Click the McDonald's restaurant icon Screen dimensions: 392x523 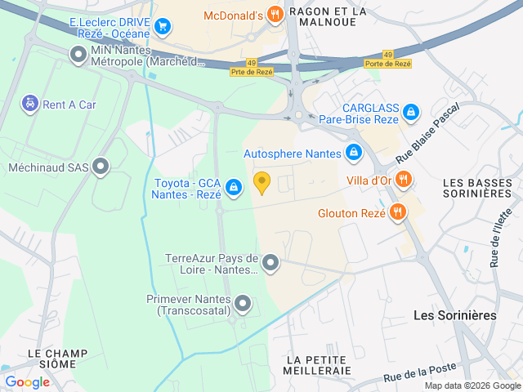pos(275,14)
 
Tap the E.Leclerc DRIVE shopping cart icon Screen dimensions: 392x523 pos(163,27)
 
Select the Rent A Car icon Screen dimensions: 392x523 pos(29,104)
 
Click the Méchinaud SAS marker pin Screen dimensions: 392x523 pos(101,167)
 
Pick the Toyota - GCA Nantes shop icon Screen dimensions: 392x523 pos(234,188)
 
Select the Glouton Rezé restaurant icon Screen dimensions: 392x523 pos(398,214)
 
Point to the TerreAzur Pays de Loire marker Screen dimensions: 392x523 pos(270,263)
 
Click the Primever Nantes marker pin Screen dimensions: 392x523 pos(243,305)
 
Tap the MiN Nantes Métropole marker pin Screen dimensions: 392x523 pos(78,55)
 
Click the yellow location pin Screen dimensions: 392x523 pos(261,183)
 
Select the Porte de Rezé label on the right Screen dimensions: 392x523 pos(387,63)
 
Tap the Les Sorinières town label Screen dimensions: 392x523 pos(454,314)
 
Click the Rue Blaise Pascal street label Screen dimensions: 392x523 pos(427,131)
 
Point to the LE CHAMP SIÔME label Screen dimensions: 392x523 pos(57,359)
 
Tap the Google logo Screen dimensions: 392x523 pos(27,381)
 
